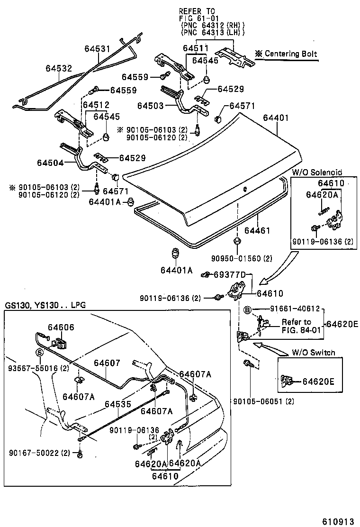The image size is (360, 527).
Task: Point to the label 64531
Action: click(97, 49)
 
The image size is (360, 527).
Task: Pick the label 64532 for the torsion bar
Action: click(59, 68)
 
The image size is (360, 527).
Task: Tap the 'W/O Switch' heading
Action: click(313, 353)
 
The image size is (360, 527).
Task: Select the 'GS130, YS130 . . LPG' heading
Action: click(45, 305)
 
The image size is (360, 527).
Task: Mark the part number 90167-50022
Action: click(34, 454)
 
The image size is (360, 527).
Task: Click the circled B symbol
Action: click(247, 309)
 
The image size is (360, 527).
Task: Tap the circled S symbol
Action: click(40, 353)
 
